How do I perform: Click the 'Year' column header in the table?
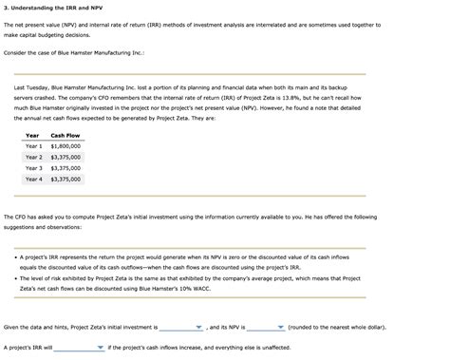(x=32, y=135)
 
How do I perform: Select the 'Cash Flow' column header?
(x=65, y=135)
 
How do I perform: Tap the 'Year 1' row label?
(x=33, y=147)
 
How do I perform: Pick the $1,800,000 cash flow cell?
(x=66, y=147)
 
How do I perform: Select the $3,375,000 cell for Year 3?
(x=66, y=168)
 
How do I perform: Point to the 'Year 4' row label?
(x=33, y=179)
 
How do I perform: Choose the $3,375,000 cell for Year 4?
(x=66, y=179)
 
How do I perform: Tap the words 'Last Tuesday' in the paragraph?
(x=29, y=85)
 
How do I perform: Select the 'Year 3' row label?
(x=33, y=168)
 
